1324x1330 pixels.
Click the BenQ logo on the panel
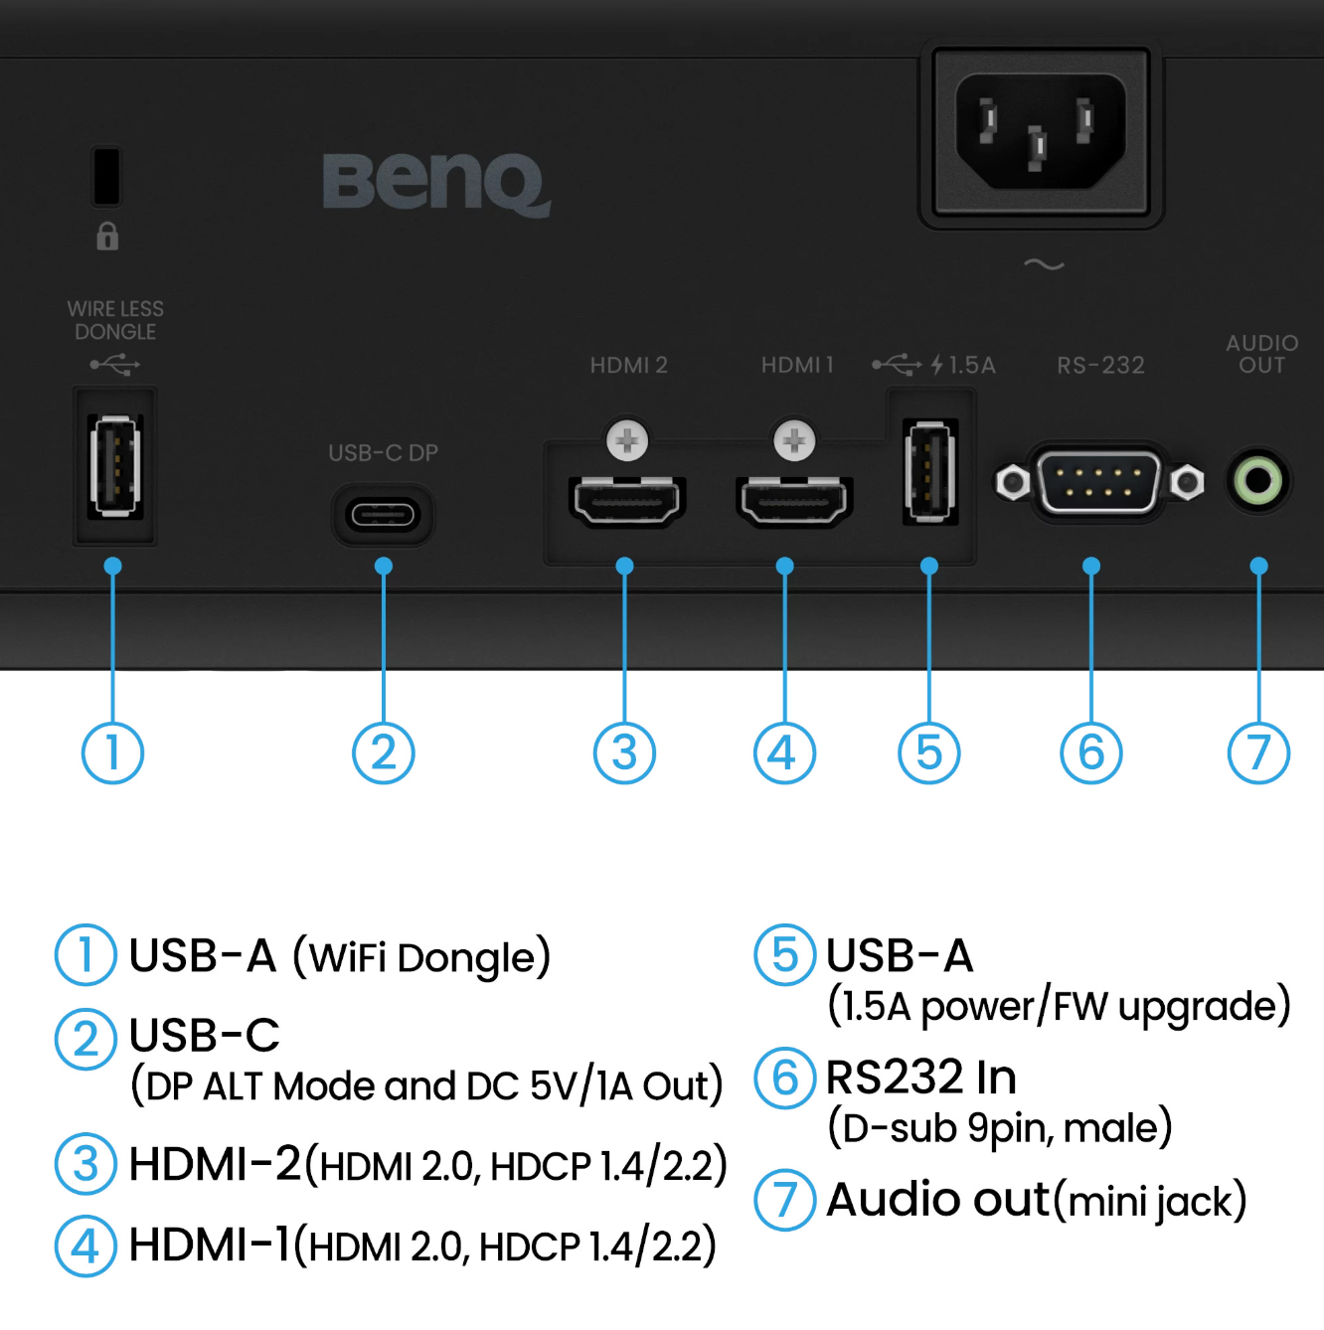(x=436, y=184)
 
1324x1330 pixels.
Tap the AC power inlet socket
(x=1041, y=131)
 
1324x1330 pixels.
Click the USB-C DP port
(x=383, y=514)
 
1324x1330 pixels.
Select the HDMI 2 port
(x=627, y=500)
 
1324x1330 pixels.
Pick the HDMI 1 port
(x=794, y=500)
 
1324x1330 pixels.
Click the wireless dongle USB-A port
(x=115, y=466)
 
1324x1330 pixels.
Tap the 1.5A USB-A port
(x=930, y=471)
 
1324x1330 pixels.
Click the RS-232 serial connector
(x=1099, y=482)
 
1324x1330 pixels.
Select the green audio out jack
(x=1257, y=481)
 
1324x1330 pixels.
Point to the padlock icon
(x=107, y=236)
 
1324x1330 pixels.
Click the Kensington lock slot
(x=106, y=176)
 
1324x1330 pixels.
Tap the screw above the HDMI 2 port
(x=627, y=440)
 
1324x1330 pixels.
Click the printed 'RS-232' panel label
(x=1101, y=365)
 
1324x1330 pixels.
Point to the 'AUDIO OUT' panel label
(x=1261, y=354)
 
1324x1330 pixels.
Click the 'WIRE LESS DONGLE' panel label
(x=115, y=319)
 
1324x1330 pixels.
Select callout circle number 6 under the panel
(x=1090, y=752)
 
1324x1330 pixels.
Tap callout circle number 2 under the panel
(x=383, y=752)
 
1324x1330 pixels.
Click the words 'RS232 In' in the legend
(x=920, y=1078)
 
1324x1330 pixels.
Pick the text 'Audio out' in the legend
(x=937, y=1200)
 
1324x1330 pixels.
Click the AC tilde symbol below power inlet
(x=1044, y=264)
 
